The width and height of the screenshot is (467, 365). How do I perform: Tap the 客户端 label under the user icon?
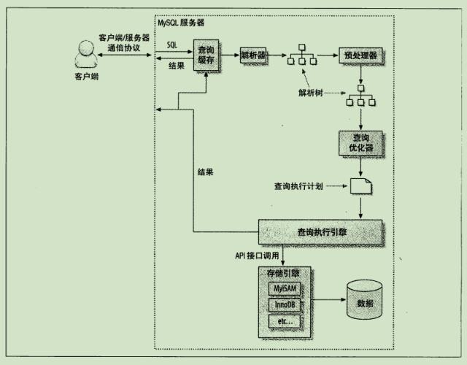[x=85, y=76]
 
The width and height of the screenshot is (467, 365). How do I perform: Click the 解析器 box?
[x=255, y=55]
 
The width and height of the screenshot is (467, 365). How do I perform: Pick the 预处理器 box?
[x=360, y=55]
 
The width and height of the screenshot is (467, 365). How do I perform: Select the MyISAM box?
[x=283, y=289]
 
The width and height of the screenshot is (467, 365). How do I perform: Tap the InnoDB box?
[x=283, y=305]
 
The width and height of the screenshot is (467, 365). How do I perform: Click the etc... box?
[x=283, y=321]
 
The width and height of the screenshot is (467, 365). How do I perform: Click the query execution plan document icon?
[x=360, y=187]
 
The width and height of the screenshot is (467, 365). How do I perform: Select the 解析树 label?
[x=313, y=94]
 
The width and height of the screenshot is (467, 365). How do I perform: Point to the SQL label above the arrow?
[x=171, y=45]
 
